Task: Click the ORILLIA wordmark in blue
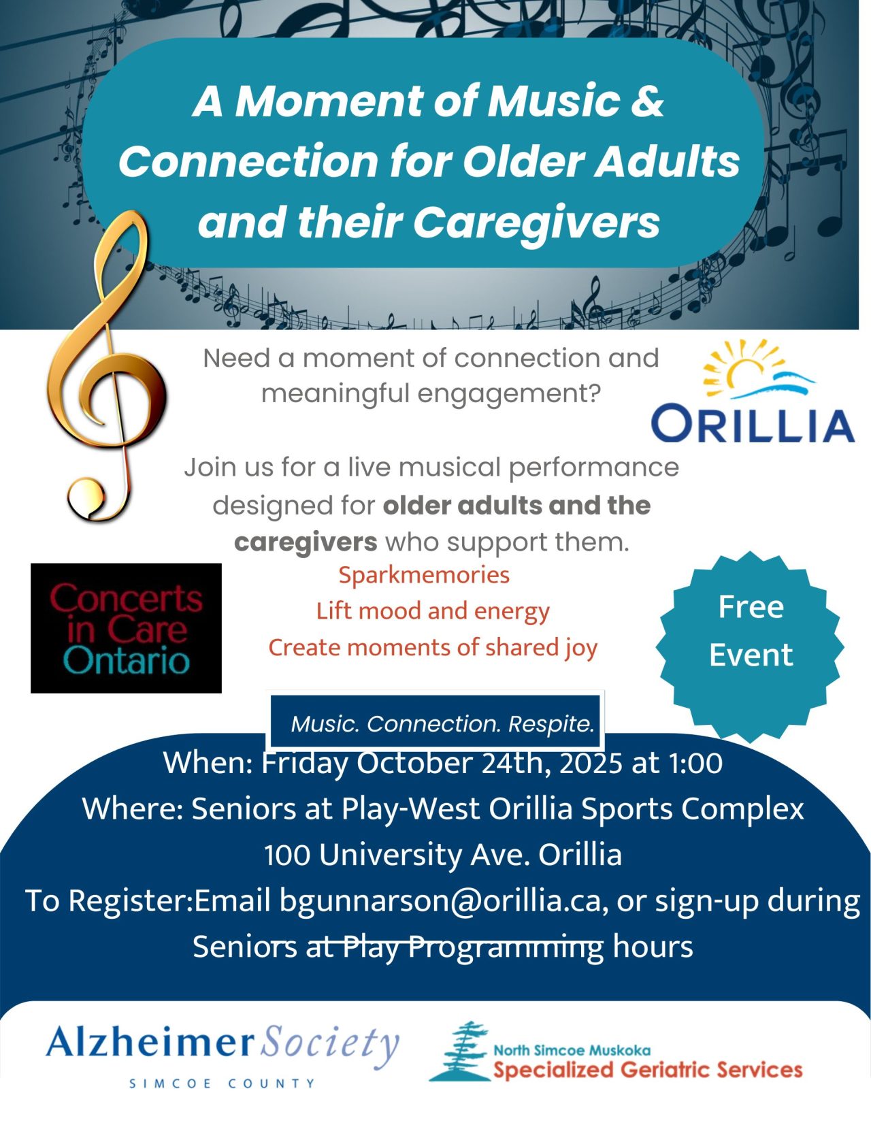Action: coord(753,424)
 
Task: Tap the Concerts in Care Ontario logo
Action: coord(126,628)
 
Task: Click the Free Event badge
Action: coord(751,631)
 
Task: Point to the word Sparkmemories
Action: coord(424,575)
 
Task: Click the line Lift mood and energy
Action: coord(433,611)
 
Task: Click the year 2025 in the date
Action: coord(592,763)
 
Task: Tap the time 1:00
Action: coord(695,763)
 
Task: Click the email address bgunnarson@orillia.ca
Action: coord(440,900)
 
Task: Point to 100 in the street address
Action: coord(287,855)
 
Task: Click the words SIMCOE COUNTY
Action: coord(223,1083)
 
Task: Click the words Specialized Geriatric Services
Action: coord(648,1070)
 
